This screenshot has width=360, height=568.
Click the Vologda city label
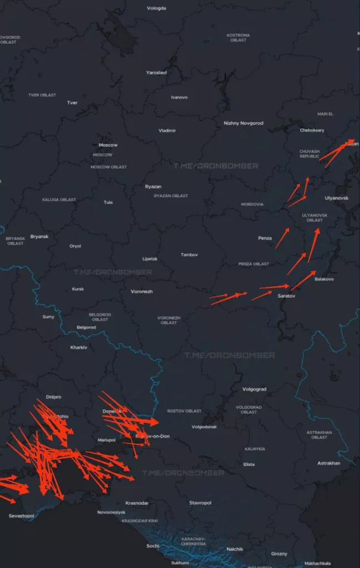(x=156, y=8)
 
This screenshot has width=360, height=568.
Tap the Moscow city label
(x=108, y=145)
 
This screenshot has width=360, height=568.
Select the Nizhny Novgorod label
(x=244, y=123)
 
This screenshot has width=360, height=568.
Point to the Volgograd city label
(x=255, y=389)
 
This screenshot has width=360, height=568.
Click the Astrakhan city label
(x=328, y=463)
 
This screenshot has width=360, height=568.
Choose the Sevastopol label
(x=22, y=516)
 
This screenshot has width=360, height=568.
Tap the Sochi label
(x=153, y=546)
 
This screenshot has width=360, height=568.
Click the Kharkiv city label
(x=79, y=347)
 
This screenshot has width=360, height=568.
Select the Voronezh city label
(x=141, y=291)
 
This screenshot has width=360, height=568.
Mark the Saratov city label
(x=286, y=297)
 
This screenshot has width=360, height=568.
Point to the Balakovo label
(x=324, y=279)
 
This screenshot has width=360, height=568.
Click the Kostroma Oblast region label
(x=238, y=38)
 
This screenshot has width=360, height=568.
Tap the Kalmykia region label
(x=255, y=448)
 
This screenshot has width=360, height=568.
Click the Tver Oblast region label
(x=42, y=95)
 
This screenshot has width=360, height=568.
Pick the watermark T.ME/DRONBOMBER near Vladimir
(x=216, y=165)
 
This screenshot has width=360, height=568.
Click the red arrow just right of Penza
(x=282, y=238)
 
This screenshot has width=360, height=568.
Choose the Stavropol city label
(x=200, y=503)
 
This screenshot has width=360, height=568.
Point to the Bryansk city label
(x=39, y=236)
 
